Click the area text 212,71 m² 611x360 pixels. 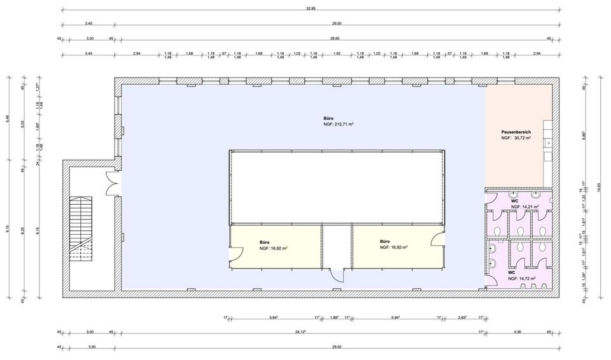pyautogui.click(x=339, y=125)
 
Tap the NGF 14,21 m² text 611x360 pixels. pyautogui.click(x=524, y=207)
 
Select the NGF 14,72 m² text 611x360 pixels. pyautogui.click(x=521, y=278)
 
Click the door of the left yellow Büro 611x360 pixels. pyautogui.click(x=234, y=255)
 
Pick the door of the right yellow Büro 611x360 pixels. pyautogui.click(x=437, y=239)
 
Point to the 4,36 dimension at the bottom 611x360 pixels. pyautogui.click(x=517, y=331)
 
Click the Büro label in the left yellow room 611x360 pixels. pyautogui.click(x=264, y=242)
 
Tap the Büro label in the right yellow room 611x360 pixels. pyautogui.click(x=384, y=242)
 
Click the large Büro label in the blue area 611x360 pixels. pyautogui.click(x=328, y=118)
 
